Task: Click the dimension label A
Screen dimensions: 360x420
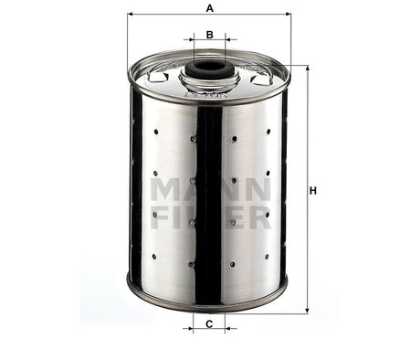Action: click(x=209, y=8)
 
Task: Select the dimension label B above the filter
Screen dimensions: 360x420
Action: click(x=209, y=35)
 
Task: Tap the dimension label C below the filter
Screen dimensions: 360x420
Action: click(x=209, y=324)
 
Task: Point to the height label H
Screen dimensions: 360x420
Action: click(x=312, y=190)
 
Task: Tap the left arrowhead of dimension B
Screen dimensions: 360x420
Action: click(x=194, y=41)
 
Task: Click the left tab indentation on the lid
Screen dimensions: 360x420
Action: click(x=157, y=77)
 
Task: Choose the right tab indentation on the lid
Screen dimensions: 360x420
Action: click(x=261, y=77)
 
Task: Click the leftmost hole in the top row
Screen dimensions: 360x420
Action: click(x=156, y=132)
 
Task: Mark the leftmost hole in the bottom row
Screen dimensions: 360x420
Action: click(x=156, y=258)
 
